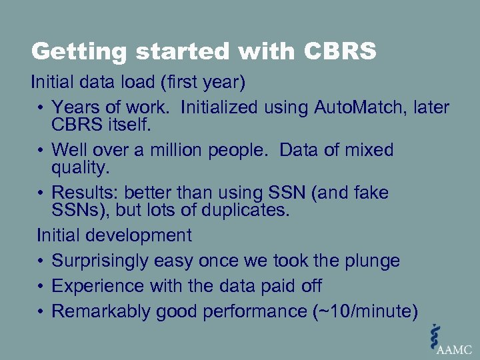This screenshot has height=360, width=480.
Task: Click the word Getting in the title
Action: (70, 51)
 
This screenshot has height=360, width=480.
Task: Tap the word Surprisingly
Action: (100, 261)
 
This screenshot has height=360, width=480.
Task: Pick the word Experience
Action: (93, 286)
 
